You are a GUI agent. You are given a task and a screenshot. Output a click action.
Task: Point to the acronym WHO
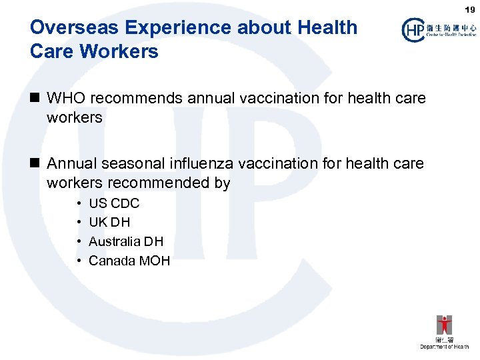[x=66, y=98]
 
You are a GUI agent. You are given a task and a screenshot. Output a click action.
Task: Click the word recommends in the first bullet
[x=137, y=98]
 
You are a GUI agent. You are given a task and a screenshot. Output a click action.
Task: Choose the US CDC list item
[x=114, y=203]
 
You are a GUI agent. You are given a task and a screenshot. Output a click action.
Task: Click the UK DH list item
[x=109, y=222]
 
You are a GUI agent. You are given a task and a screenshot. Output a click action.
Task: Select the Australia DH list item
[x=126, y=241]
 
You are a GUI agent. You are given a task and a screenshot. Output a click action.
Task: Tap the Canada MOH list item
[x=129, y=261]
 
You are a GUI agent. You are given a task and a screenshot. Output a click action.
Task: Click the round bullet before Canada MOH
[x=79, y=261]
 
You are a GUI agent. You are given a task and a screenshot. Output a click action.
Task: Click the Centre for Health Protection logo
[x=438, y=29]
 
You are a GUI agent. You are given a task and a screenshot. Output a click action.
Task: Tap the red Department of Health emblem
[x=444, y=325]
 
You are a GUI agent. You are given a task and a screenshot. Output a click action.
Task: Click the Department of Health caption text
[x=444, y=347]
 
